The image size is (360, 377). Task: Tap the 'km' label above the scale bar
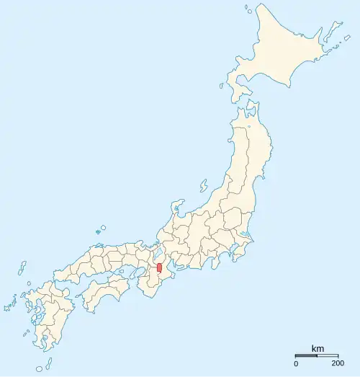pos(318,349)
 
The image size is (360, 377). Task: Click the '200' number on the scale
pos(338,363)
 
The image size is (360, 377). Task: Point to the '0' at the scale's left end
pos(296,363)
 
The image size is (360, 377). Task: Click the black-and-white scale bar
pos(317,355)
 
